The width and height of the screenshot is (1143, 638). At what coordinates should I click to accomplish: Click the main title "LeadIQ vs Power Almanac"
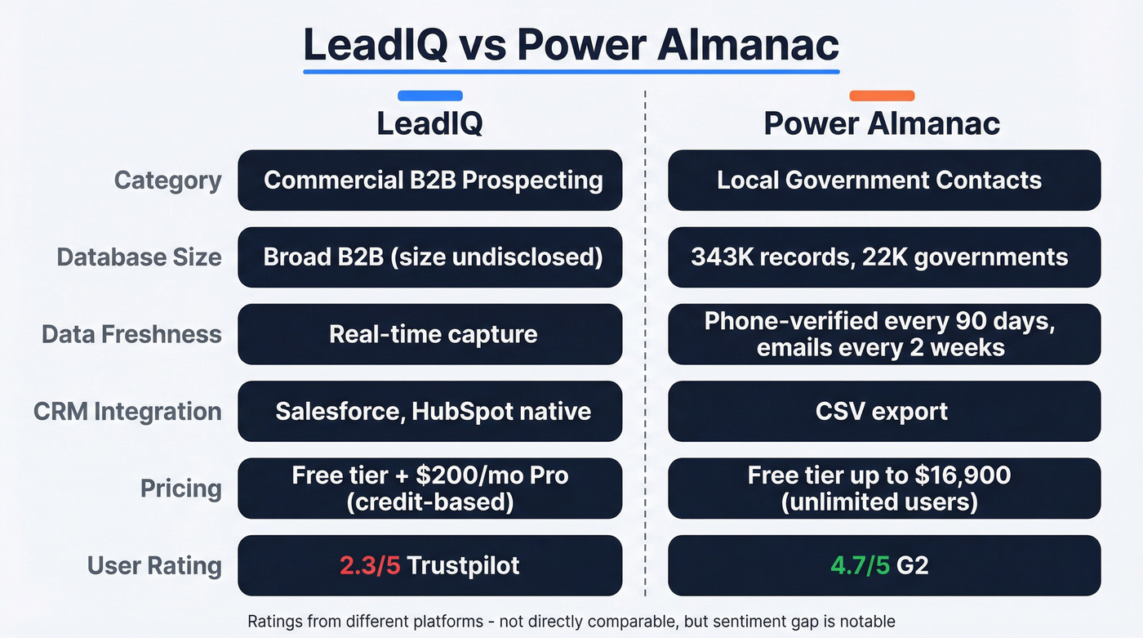(x=571, y=45)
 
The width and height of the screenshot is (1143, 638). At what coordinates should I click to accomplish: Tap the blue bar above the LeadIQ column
(x=429, y=96)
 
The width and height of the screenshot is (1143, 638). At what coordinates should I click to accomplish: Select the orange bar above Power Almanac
(x=882, y=96)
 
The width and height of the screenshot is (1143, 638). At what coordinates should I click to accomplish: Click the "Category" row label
(x=167, y=181)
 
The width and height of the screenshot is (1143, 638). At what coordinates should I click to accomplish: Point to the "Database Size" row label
(x=139, y=257)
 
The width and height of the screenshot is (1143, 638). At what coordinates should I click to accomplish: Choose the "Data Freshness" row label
(x=131, y=334)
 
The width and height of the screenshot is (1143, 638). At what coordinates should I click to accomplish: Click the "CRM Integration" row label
(x=127, y=411)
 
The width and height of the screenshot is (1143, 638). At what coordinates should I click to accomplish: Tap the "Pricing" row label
(x=180, y=489)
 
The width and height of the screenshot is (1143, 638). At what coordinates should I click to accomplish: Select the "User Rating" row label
(x=154, y=565)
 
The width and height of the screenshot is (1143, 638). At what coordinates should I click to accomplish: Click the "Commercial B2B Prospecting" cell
(x=429, y=181)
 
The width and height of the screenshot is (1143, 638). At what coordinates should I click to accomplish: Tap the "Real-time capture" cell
(x=429, y=334)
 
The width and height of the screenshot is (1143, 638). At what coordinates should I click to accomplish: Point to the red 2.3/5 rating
(x=370, y=565)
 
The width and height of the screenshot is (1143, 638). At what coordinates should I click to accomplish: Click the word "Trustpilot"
(x=463, y=565)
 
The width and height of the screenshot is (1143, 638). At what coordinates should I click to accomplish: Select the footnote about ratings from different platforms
(x=571, y=621)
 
